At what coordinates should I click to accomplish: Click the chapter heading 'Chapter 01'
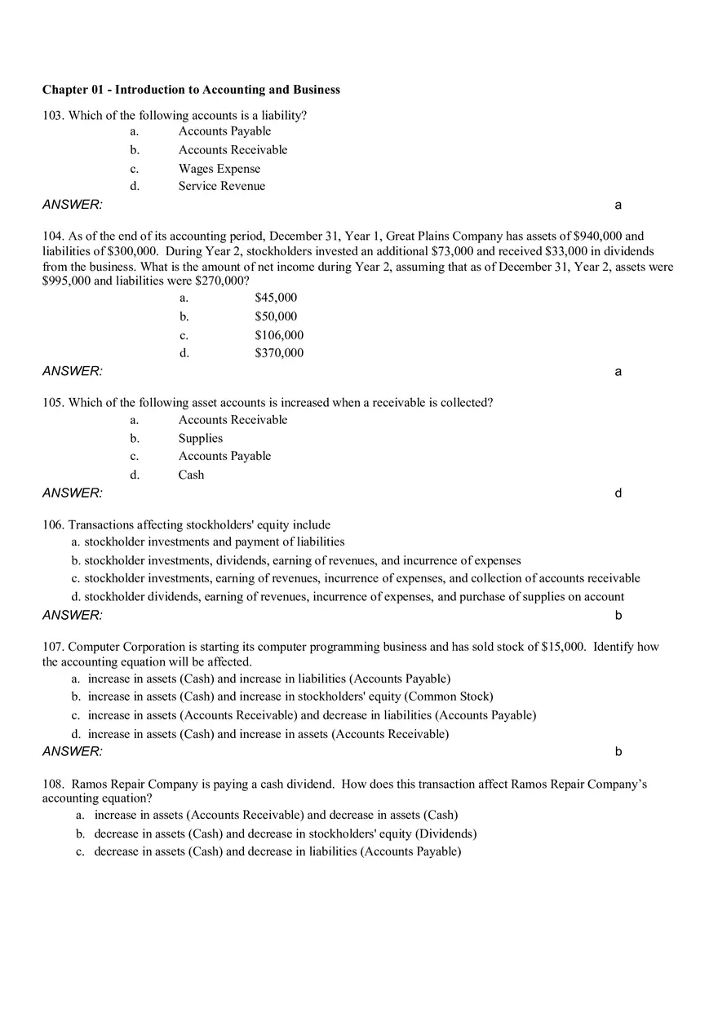(x=77, y=90)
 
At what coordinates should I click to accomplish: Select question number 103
(x=53, y=116)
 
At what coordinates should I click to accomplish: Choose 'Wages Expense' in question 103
(x=219, y=169)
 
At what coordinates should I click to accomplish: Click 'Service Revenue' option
(x=222, y=186)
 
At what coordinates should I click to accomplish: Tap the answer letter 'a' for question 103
(x=618, y=205)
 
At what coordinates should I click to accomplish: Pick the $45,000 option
(x=276, y=298)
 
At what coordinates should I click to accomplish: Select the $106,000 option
(x=279, y=335)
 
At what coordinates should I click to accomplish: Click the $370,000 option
(x=279, y=353)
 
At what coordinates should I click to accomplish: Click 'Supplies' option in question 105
(x=201, y=438)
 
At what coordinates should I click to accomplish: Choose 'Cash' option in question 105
(x=191, y=475)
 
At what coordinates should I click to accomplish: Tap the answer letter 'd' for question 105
(x=618, y=493)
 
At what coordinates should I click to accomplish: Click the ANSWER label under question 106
(x=73, y=615)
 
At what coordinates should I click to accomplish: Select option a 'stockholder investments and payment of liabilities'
(x=214, y=542)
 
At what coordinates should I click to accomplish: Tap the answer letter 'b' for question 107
(x=618, y=752)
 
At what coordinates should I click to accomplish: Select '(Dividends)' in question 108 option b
(x=445, y=833)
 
